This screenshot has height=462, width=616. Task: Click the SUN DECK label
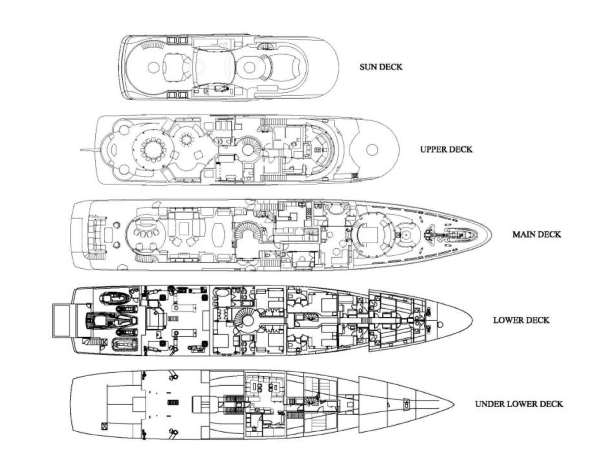click(x=381, y=67)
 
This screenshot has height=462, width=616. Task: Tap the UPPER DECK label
click(x=446, y=150)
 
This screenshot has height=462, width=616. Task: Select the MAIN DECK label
click(x=537, y=234)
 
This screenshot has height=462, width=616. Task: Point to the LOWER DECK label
click(x=521, y=320)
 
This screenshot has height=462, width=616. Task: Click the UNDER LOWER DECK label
click(x=519, y=404)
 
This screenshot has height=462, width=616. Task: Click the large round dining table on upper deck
click(x=152, y=150)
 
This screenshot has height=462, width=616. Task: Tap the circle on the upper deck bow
click(x=372, y=150)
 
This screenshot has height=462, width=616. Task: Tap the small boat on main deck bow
click(x=460, y=234)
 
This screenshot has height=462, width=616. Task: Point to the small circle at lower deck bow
click(x=441, y=323)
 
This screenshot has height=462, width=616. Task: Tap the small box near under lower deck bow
click(x=407, y=403)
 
